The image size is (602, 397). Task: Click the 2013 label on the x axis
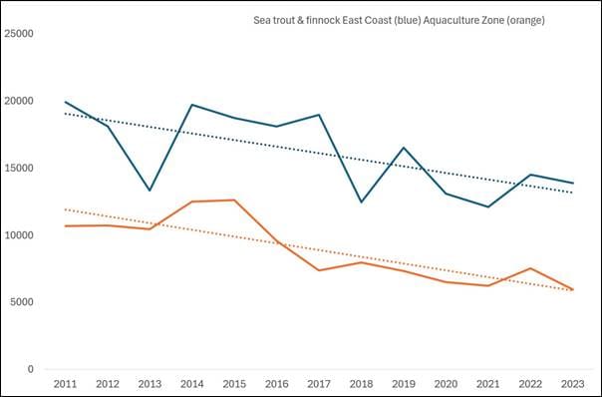click(150, 384)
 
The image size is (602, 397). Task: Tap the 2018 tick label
click(361, 384)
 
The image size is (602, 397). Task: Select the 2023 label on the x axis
click(573, 384)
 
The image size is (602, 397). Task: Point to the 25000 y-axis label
click(18, 34)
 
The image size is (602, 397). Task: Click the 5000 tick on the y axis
click(21, 302)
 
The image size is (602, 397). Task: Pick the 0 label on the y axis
click(31, 369)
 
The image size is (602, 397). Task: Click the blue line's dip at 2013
click(150, 191)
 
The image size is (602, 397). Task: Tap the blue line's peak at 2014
click(192, 105)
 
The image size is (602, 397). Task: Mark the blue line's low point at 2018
click(361, 202)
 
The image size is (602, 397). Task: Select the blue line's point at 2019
click(404, 148)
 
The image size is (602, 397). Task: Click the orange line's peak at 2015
click(234, 199)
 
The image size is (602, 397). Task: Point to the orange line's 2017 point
click(319, 270)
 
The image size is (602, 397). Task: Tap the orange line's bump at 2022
click(530, 268)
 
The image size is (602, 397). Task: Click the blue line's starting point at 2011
click(65, 102)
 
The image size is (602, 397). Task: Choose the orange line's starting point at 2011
click(65, 226)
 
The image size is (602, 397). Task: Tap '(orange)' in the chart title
click(525, 21)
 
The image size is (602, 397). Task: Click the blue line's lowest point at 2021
click(488, 206)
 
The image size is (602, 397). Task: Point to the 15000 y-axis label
click(18, 168)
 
